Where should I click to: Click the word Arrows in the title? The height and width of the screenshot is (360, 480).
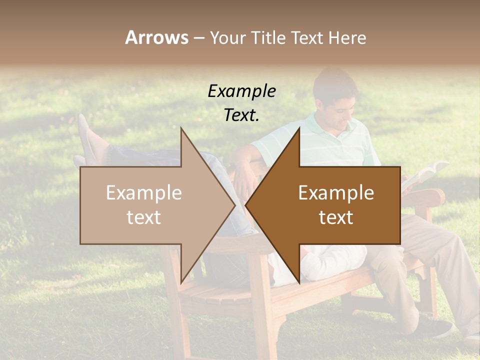[157, 37]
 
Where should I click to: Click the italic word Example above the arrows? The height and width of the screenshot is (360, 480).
[241, 91]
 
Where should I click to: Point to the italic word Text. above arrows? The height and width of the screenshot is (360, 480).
[241, 115]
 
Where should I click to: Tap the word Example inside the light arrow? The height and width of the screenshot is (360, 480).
[144, 193]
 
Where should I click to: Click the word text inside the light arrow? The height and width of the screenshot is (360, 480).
[144, 217]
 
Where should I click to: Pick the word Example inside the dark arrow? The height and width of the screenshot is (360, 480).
[336, 193]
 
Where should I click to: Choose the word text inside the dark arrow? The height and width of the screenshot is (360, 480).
[336, 217]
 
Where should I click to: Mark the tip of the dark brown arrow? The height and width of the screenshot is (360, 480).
[246, 205]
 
